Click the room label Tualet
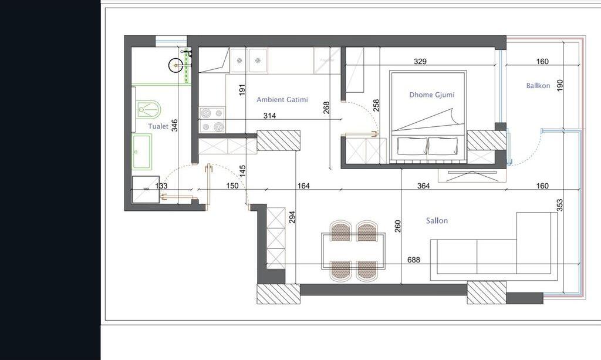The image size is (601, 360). tap(158, 126)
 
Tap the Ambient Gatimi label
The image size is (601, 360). tap(282, 100)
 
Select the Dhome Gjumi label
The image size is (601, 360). tap(431, 95)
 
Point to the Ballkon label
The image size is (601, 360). tap(538, 86)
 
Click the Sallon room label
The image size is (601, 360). tap(437, 221)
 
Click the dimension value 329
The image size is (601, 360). tap(420, 61)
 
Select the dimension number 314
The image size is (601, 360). tap(269, 116)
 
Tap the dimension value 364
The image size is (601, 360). tap(423, 186)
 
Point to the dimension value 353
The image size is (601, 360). tap(560, 205)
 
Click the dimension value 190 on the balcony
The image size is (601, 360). tap(560, 85)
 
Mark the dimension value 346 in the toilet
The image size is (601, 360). tap(174, 125)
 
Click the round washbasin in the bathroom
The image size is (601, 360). tap(175, 65)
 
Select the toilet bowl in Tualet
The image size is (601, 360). tap(148, 109)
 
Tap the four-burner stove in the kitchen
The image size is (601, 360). tap(212, 119)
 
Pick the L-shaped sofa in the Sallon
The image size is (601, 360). tap(493, 253)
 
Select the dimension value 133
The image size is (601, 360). tap(161, 186)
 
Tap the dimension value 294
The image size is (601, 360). tap(292, 217)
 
